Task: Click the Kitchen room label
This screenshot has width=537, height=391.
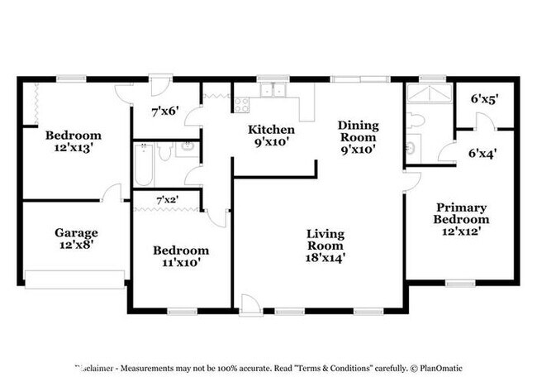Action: pos(271,131)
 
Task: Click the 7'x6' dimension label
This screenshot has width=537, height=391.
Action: pos(164,110)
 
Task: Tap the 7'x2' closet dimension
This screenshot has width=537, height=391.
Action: pos(167,199)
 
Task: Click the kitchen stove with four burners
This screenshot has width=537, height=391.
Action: pos(241,104)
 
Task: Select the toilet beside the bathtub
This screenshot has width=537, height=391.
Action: pos(164,151)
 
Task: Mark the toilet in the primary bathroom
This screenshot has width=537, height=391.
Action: pos(416,121)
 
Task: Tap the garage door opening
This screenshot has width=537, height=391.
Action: pos(74,279)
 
